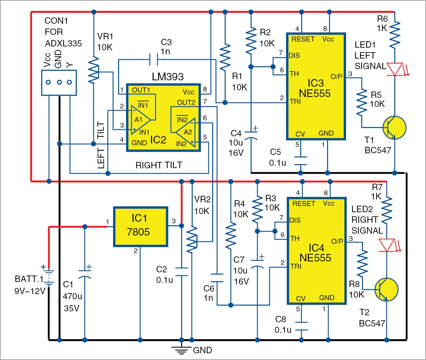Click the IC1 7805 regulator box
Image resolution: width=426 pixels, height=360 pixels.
tap(141, 227)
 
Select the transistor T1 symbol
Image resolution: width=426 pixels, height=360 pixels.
tap(394, 128)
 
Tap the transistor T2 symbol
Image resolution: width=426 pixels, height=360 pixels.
tap(386, 290)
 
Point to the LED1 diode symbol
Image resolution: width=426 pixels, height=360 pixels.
tap(395, 69)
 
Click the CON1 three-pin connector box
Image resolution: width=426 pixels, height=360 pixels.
tap(59, 83)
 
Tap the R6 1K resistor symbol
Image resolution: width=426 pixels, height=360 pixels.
tap(395, 34)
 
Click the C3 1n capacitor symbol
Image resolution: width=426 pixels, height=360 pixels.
tap(154, 59)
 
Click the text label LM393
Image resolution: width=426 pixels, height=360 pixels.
tap(167, 77)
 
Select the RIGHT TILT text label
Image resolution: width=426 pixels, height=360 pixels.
tap(159, 165)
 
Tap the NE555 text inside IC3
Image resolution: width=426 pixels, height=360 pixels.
tap(315, 93)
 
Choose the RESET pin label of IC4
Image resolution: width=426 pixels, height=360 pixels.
tap(303, 204)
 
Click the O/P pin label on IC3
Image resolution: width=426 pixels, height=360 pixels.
tap(336, 76)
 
